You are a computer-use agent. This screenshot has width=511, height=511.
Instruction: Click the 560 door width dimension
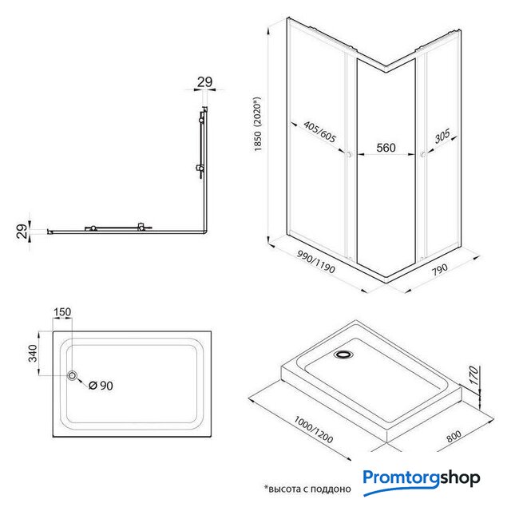386,148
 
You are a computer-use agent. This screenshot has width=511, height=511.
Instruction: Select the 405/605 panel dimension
319,132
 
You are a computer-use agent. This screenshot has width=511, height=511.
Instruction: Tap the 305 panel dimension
442,136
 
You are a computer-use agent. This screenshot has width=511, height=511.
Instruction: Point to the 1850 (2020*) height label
257,124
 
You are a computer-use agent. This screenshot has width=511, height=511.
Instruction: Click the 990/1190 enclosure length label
316,262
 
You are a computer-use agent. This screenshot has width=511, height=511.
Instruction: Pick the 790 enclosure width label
440,270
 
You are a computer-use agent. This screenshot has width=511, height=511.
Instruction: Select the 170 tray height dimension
474,375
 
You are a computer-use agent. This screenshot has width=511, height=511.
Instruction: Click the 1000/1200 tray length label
314,430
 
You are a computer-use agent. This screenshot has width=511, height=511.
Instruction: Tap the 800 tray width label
454,437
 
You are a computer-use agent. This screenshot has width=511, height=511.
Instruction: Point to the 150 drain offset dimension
62,312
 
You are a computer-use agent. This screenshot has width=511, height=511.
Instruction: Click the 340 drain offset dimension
33,353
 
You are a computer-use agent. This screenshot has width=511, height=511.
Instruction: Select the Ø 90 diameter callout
101,386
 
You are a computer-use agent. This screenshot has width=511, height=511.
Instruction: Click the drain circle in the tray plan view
72,375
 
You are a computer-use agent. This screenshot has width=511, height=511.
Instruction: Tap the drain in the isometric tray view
343,354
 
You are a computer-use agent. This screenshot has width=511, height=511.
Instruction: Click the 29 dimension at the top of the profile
204,82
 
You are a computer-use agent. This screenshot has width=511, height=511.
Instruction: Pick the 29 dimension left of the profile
22,231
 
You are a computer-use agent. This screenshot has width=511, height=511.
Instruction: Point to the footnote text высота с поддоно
307,489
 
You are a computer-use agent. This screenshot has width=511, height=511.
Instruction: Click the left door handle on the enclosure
349,154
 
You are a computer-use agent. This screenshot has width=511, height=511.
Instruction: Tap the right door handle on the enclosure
423,155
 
